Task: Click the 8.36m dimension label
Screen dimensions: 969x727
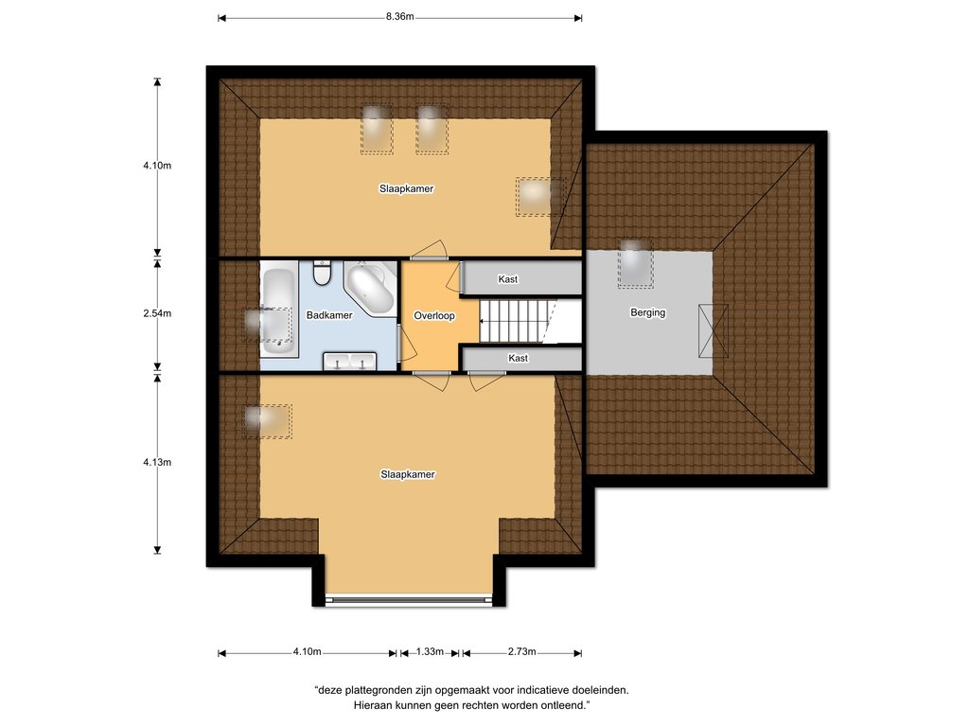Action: tap(400, 17)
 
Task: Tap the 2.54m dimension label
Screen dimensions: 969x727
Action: tap(157, 313)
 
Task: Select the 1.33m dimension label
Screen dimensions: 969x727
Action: tap(430, 651)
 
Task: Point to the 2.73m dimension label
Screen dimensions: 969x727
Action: tap(521, 651)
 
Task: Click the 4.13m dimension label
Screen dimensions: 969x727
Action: tap(157, 462)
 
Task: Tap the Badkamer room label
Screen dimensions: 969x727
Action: tap(329, 315)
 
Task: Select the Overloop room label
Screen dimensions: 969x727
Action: tap(433, 316)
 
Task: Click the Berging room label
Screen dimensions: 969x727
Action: tap(647, 312)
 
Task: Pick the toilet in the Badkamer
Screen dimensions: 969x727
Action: tap(322, 274)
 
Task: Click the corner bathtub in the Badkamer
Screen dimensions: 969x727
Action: tap(371, 288)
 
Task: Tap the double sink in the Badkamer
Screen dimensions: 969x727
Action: tap(350, 361)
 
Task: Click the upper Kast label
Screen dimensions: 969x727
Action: tap(508, 279)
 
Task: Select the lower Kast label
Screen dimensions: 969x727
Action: tap(518, 358)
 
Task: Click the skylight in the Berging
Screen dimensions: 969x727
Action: tap(635, 264)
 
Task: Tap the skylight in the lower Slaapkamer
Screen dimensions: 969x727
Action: tap(266, 421)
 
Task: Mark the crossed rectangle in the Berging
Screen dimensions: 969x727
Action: tap(713, 330)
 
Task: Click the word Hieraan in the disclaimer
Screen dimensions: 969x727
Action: tap(373, 704)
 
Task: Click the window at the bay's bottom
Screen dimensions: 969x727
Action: tap(409, 598)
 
